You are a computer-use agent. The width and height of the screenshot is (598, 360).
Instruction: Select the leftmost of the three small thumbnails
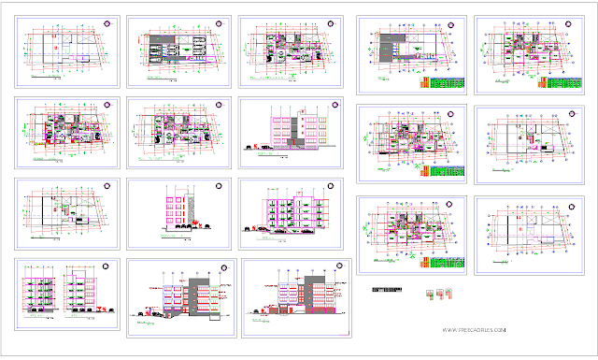click(x=430, y=294)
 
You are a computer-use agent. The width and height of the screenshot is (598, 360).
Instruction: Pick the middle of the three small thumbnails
click(x=444, y=294)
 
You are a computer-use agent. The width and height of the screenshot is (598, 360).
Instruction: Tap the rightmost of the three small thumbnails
click(x=458, y=294)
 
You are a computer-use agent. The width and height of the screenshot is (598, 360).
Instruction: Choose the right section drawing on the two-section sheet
click(x=78, y=292)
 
